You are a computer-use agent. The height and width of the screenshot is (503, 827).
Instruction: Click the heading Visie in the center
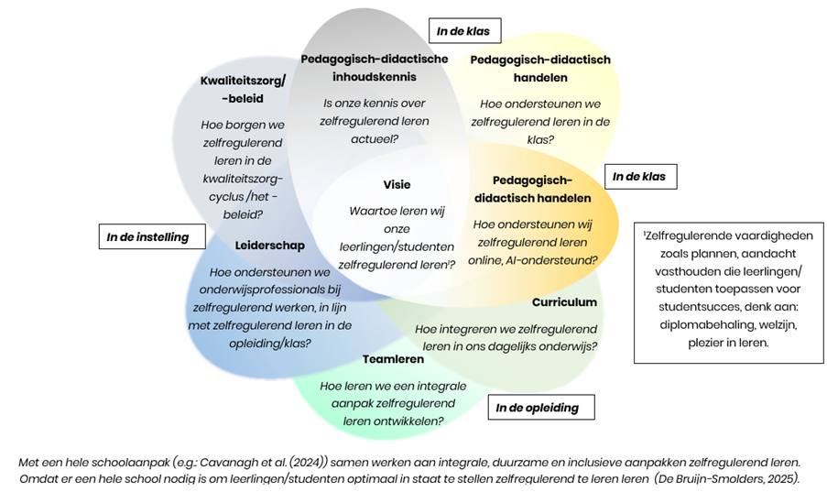pyautogui.click(x=396, y=185)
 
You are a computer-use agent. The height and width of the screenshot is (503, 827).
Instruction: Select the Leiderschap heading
pyautogui.click(x=269, y=246)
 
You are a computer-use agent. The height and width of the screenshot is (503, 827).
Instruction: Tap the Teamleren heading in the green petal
pyautogui.click(x=393, y=359)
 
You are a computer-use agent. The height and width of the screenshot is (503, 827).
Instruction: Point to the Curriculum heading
pyautogui.click(x=564, y=302)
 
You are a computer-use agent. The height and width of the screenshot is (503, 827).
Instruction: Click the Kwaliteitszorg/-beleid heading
pyautogui.click(x=243, y=89)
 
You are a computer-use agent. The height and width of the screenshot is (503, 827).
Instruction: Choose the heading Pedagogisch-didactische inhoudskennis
pyautogui.click(x=374, y=68)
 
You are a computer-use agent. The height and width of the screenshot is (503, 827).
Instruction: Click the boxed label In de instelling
pyautogui.click(x=147, y=237)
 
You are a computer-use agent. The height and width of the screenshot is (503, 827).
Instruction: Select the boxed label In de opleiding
pyautogui.click(x=538, y=408)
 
